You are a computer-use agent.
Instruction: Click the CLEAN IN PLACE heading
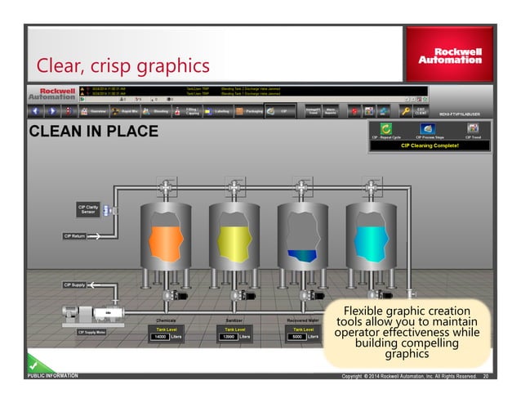(94, 131)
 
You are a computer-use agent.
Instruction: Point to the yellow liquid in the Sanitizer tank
(234, 242)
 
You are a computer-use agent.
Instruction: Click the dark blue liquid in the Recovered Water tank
(301, 257)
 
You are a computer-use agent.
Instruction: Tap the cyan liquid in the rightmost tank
(372, 242)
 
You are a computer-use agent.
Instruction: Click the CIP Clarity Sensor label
(87, 211)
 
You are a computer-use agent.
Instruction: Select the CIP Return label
(75, 236)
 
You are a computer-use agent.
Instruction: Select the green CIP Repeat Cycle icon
(385, 128)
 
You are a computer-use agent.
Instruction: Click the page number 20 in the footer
(486, 377)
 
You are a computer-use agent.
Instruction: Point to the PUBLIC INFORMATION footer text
(52, 377)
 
